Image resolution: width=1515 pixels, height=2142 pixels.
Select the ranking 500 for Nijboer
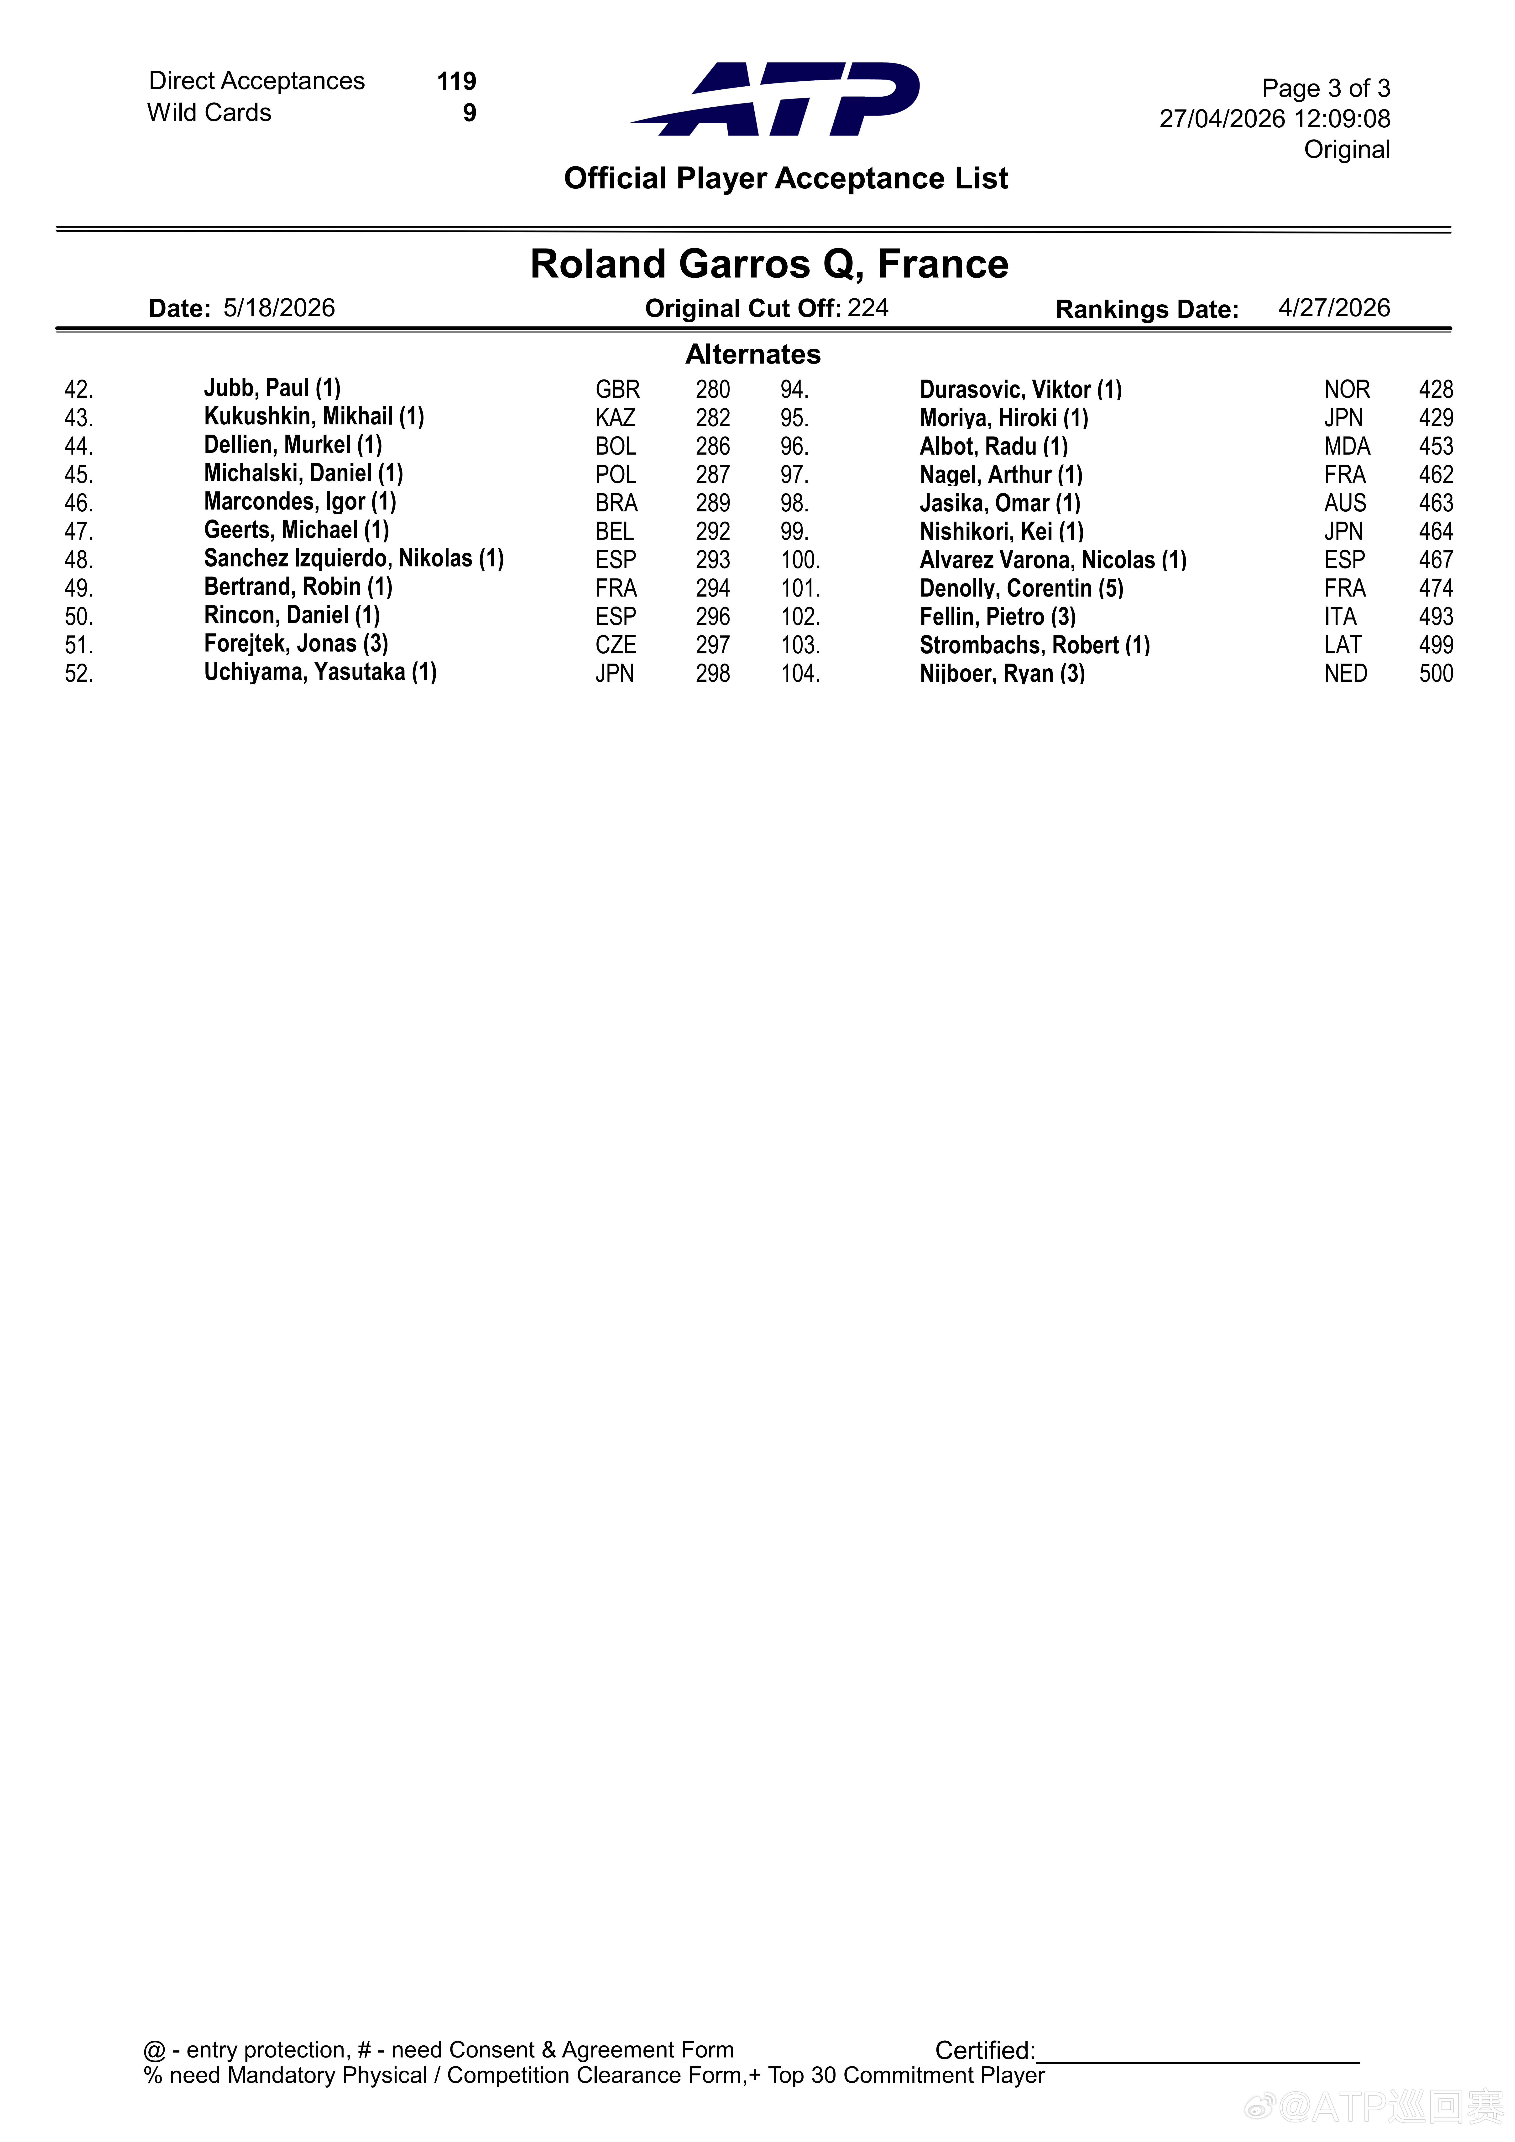point(1435,674)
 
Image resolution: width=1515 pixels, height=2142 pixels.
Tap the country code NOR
point(1346,390)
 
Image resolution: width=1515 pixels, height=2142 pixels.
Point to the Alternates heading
point(753,354)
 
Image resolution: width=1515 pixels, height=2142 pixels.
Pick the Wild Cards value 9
point(469,113)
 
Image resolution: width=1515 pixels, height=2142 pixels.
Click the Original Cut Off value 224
point(867,309)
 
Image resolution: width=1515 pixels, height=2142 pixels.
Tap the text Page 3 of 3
point(1325,89)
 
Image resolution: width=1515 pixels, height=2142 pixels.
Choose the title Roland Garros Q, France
point(769,264)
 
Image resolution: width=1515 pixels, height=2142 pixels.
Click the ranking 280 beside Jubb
point(713,390)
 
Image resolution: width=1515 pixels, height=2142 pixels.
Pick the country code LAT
point(1343,646)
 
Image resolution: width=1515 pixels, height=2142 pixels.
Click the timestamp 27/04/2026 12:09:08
point(1274,120)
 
